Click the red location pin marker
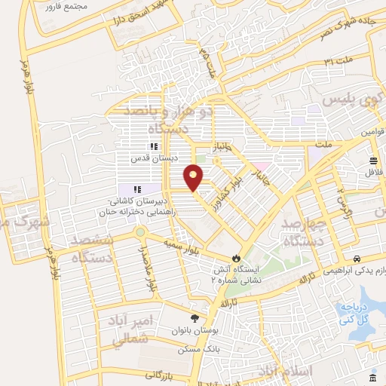point(195,176)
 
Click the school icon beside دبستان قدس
point(154,146)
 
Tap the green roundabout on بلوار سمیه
point(140,231)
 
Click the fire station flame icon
point(239,257)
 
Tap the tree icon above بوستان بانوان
point(195,318)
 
